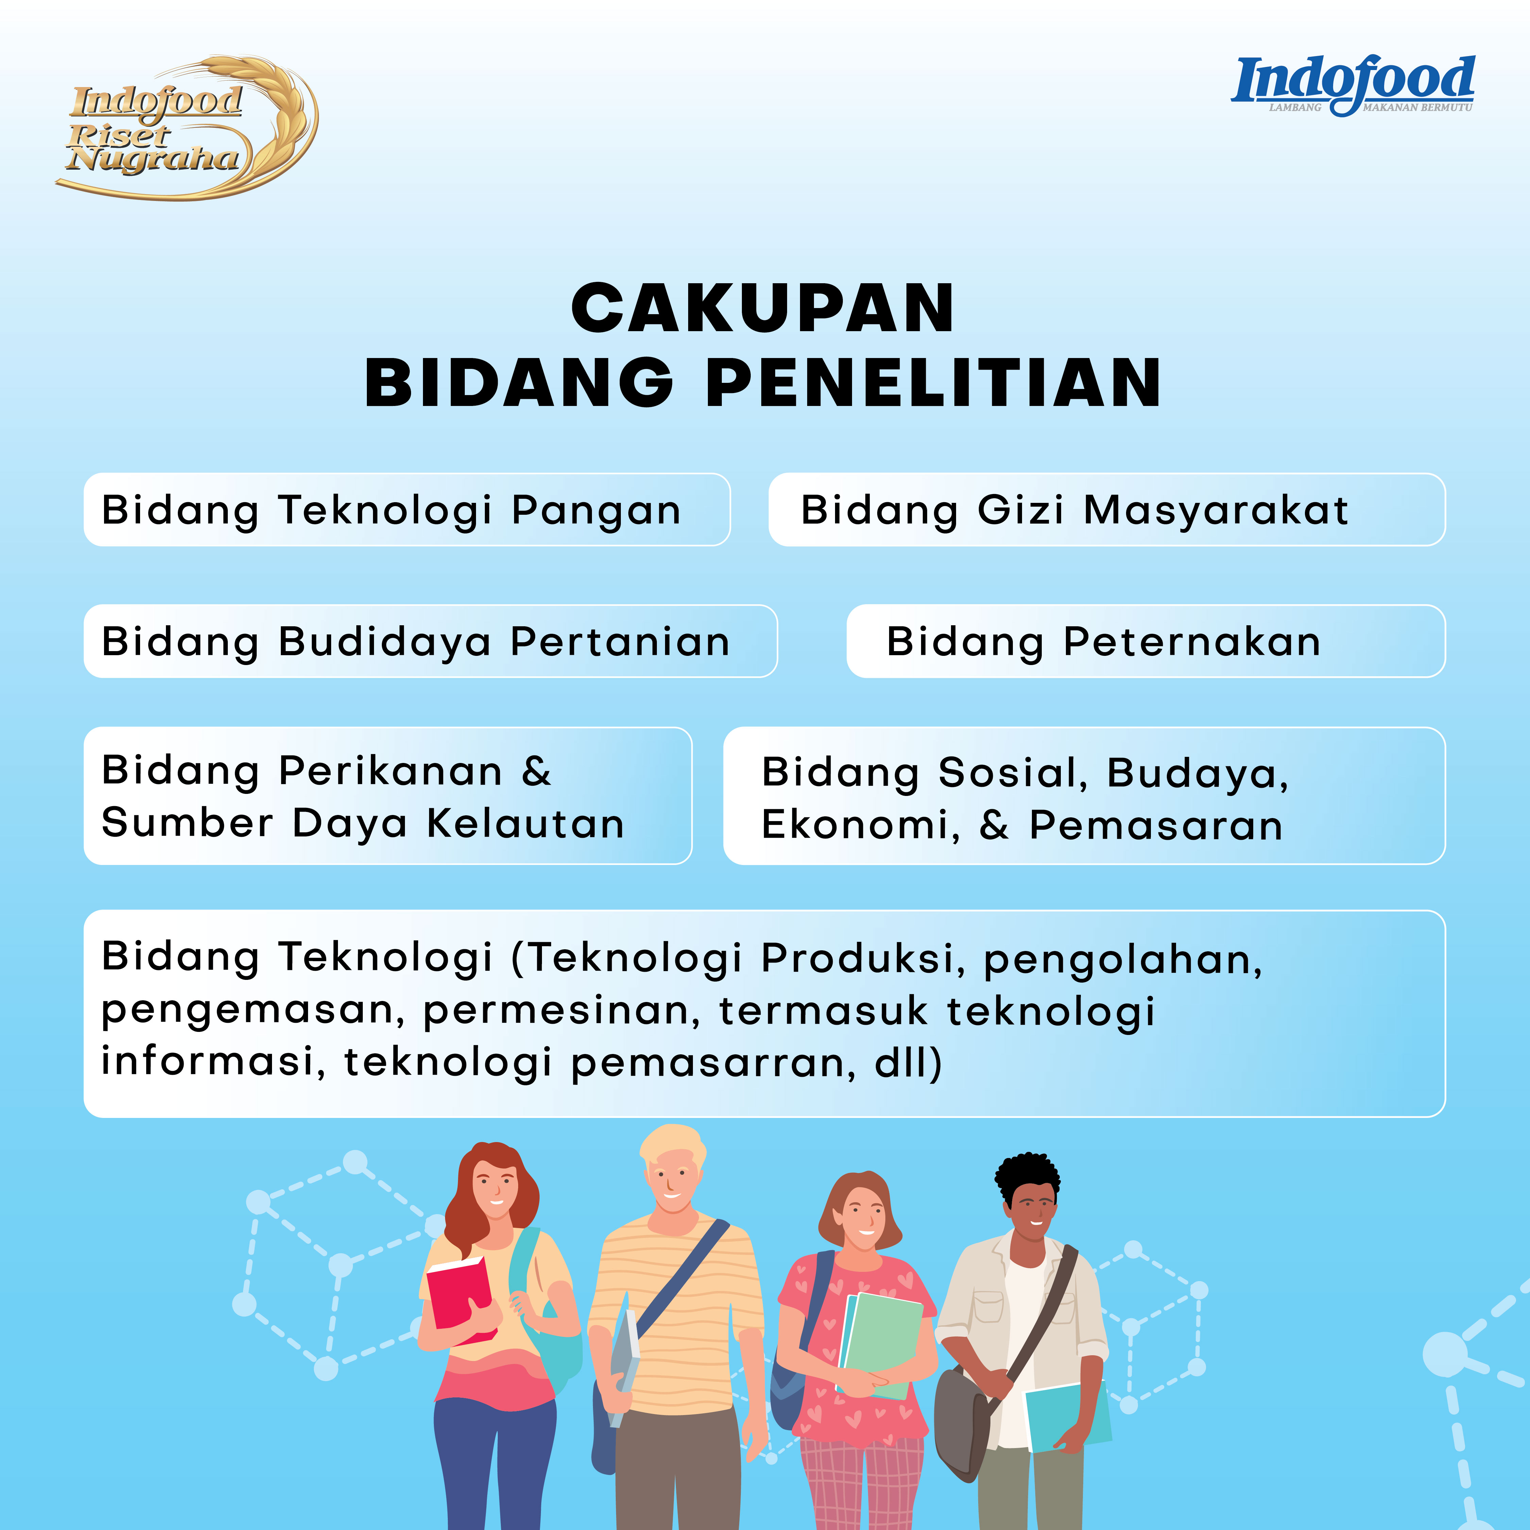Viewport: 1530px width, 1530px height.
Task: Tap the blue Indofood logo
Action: [x=1353, y=86]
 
